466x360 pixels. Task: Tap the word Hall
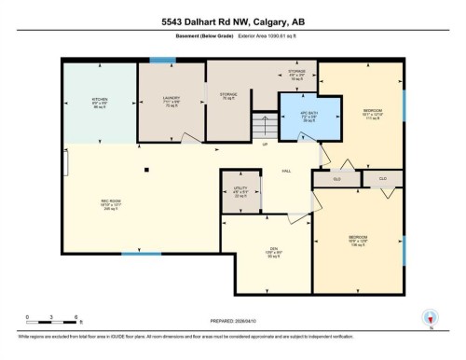click(287, 170)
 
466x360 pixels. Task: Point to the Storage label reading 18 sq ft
click(297, 74)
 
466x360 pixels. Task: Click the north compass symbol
click(430, 316)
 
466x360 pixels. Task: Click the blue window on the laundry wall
click(163, 61)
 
